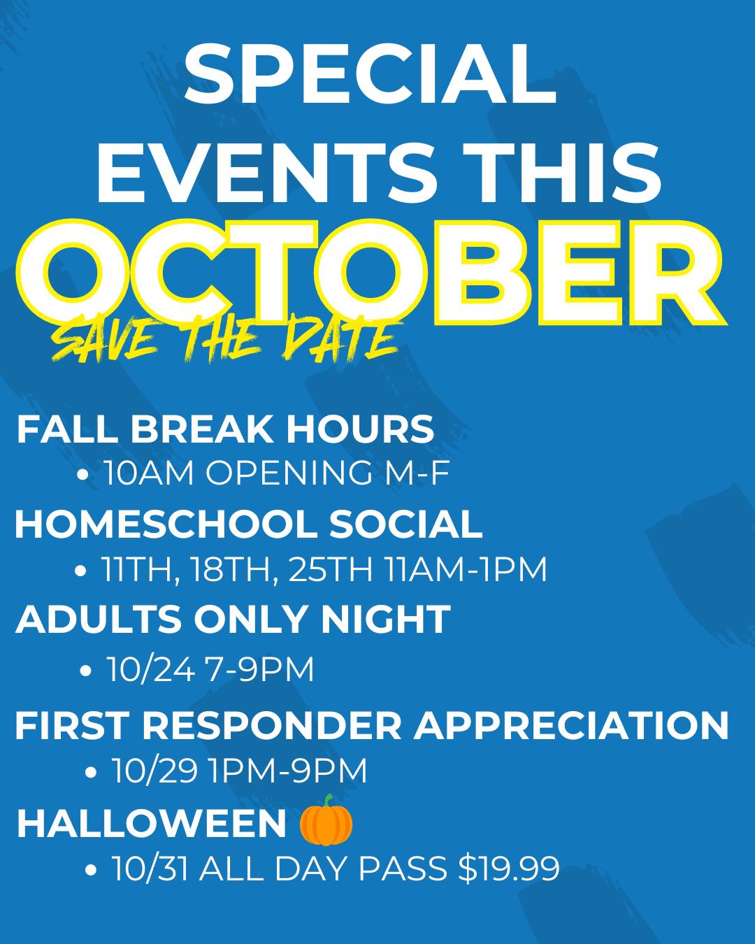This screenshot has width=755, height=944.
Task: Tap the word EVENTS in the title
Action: pyautogui.click(x=268, y=171)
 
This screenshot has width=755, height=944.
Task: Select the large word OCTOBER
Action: pyautogui.click(x=371, y=273)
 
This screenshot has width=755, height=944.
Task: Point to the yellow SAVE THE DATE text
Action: pyautogui.click(x=226, y=337)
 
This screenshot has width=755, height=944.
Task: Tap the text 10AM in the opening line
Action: pyautogui.click(x=150, y=473)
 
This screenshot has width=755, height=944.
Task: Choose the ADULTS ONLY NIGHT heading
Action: pyautogui.click(x=233, y=620)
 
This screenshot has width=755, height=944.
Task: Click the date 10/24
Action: pyautogui.click(x=151, y=669)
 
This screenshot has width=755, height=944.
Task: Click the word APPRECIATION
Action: pyautogui.click(x=571, y=726)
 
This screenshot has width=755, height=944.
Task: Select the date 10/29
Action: pyautogui.click(x=155, y=770)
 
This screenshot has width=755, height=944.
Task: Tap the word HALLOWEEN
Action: pyautogui.click(x=152, y=824)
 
